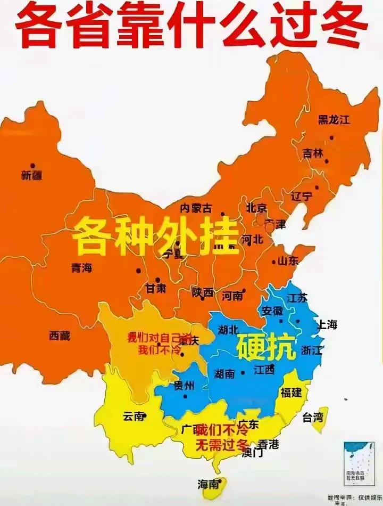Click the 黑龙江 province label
tap(334, 120)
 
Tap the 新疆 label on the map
tap(31, 175)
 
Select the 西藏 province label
tap(60, 336)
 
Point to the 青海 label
tap(81, 268)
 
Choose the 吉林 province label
tap(313, 153)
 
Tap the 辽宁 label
tap(301, 196)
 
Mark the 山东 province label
tap(287, 261)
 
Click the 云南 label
tap(133, 417)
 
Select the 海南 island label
tap(208, 484)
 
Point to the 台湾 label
tap(312, 417)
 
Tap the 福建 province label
tap(290, 393)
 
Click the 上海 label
tap(327, 325)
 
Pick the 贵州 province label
tap(184, 386)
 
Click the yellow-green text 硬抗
tap(266, 348)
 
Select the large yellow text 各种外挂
tap(155, 236)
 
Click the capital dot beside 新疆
tap(32, 166)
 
